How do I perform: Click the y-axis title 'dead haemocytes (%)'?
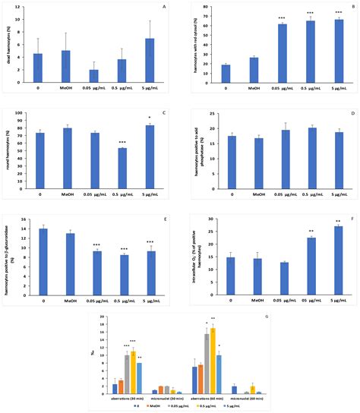[x=11, y=47]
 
